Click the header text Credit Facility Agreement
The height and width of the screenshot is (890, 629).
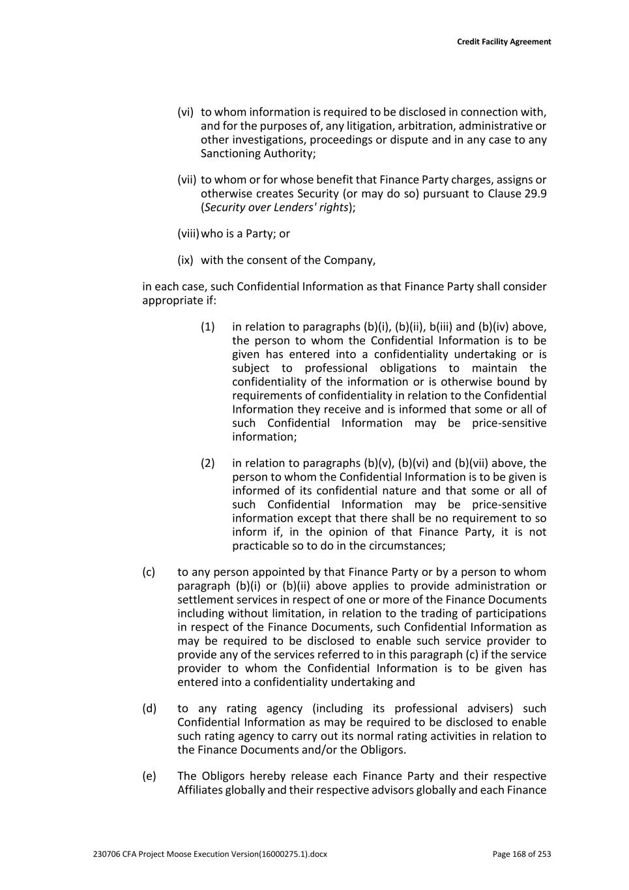pos(503,42)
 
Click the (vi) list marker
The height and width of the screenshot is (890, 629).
pos(185,112)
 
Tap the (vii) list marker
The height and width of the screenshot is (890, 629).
pos(186,180)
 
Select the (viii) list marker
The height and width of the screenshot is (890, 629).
pos(188,233)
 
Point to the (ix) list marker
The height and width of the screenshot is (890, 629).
pos(185,260)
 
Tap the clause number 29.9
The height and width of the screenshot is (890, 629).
pos(535,194)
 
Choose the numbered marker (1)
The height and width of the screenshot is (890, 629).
pos(207,327)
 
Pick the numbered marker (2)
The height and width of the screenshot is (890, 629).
pos(207,464)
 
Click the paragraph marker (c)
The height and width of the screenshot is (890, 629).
pos(149,572)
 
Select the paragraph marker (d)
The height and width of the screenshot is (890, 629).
pos(149,709)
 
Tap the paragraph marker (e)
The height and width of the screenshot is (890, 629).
pos(149,777)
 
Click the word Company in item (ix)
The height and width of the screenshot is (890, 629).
pos(352,260)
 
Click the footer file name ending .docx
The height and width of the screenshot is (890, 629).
pos(210,854)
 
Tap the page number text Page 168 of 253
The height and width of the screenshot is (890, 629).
pos(521,854)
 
